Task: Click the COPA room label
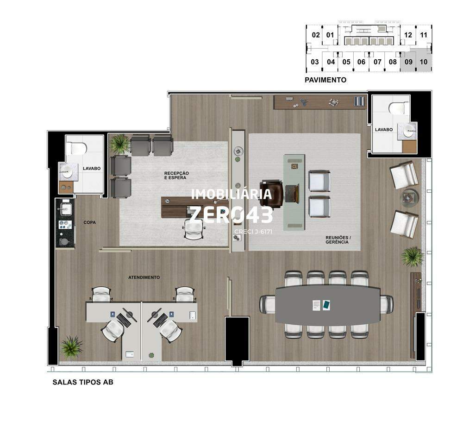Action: (89, 222)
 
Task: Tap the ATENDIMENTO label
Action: (144, 277)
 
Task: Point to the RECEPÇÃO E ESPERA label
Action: (176, 176)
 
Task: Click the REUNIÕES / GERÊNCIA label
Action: (338, 239)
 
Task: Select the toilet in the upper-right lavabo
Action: (399, 108)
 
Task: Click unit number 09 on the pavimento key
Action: (408, 62)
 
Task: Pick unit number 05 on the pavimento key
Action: (346, 62)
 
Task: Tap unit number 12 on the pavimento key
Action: (408, 35)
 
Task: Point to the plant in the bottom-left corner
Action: (72, 346)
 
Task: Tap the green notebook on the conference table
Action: (326, 305)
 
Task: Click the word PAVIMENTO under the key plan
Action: (325, 80)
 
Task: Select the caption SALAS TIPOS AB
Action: (83, 382)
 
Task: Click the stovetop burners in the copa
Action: (65, 225)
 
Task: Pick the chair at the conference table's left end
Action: (267, 305)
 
